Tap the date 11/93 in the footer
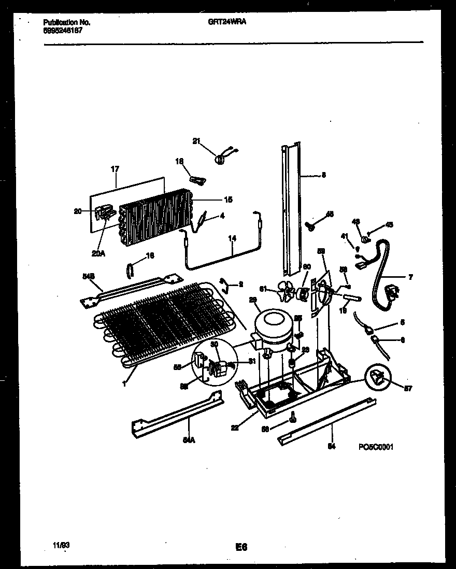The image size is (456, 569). coord(61,545)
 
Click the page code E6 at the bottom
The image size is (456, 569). coord(240,547)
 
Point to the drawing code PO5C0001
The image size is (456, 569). coord(375,446)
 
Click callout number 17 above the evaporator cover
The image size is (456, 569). coord(115,169)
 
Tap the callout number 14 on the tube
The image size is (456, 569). coord(232,238)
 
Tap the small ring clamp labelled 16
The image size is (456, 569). coord(130,269)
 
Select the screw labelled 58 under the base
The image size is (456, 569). coord(293,416)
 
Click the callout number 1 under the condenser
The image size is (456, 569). coord(125,383)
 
